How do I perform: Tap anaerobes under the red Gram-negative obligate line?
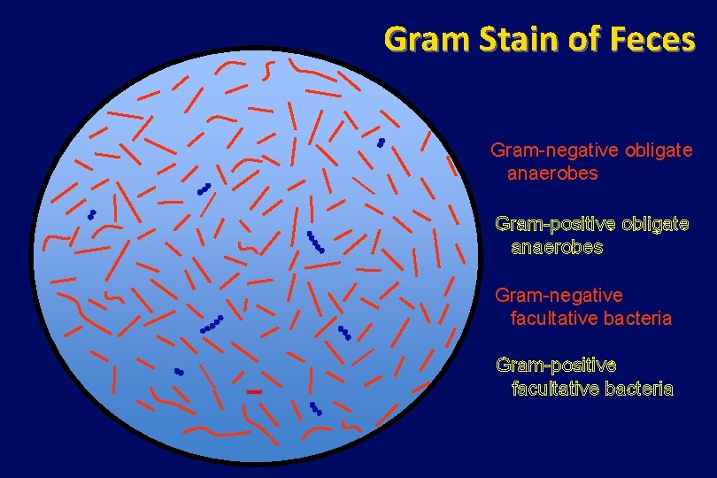(552, 173)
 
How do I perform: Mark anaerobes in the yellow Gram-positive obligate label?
(557, 247)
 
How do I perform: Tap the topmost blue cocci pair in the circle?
(381, 143)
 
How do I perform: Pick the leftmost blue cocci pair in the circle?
(91, 215)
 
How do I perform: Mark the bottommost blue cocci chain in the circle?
(315, 409)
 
